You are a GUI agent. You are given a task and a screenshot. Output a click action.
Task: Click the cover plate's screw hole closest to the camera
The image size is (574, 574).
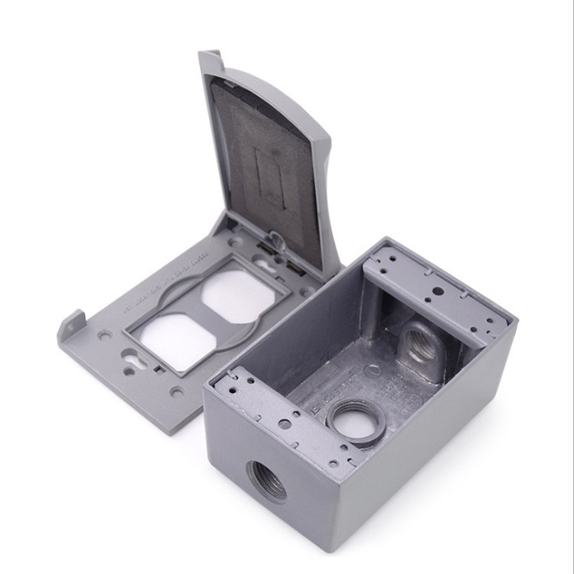[177, 392]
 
